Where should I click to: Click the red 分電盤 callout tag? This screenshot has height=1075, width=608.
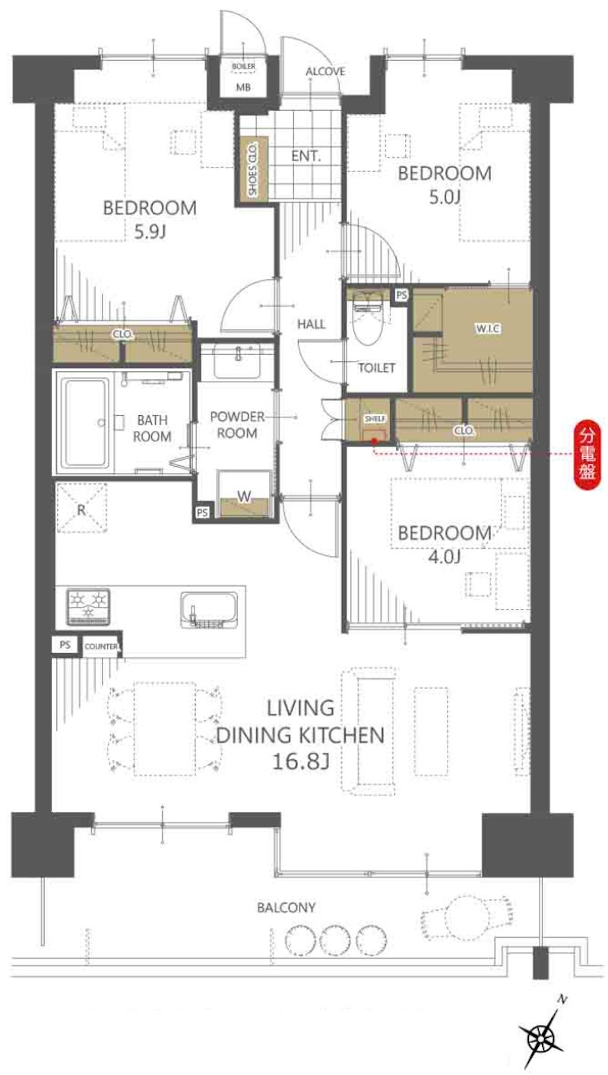[x=587, y=455]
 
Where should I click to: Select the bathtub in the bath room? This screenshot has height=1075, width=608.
[x=87, y=423]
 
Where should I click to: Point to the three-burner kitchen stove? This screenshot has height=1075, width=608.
[x=88, y=607]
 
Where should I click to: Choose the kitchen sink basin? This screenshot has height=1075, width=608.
[x=209, y=610]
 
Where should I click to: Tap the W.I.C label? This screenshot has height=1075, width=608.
[x=488, y=328]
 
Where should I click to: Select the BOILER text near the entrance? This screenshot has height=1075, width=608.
[x=243, y=66]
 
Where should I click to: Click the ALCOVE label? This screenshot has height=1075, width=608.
[x=325, y=71]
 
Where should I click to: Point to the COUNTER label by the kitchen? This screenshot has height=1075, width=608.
[x=101, y=646]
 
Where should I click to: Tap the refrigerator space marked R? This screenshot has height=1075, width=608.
[x=81, y=508]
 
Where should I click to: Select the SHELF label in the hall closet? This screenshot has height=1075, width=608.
[x=375, y=418]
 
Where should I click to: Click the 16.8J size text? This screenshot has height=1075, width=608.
[x=300, y=762]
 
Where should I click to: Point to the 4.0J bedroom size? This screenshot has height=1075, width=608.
[x=444, y=557]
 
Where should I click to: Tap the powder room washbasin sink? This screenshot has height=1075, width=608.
[x=237, y=360]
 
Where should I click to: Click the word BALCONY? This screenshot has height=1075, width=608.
[x=286, y=908]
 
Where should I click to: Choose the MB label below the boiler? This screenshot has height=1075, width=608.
[x=243, y=87]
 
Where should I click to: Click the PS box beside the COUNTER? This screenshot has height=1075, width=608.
[x=65, y=645]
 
